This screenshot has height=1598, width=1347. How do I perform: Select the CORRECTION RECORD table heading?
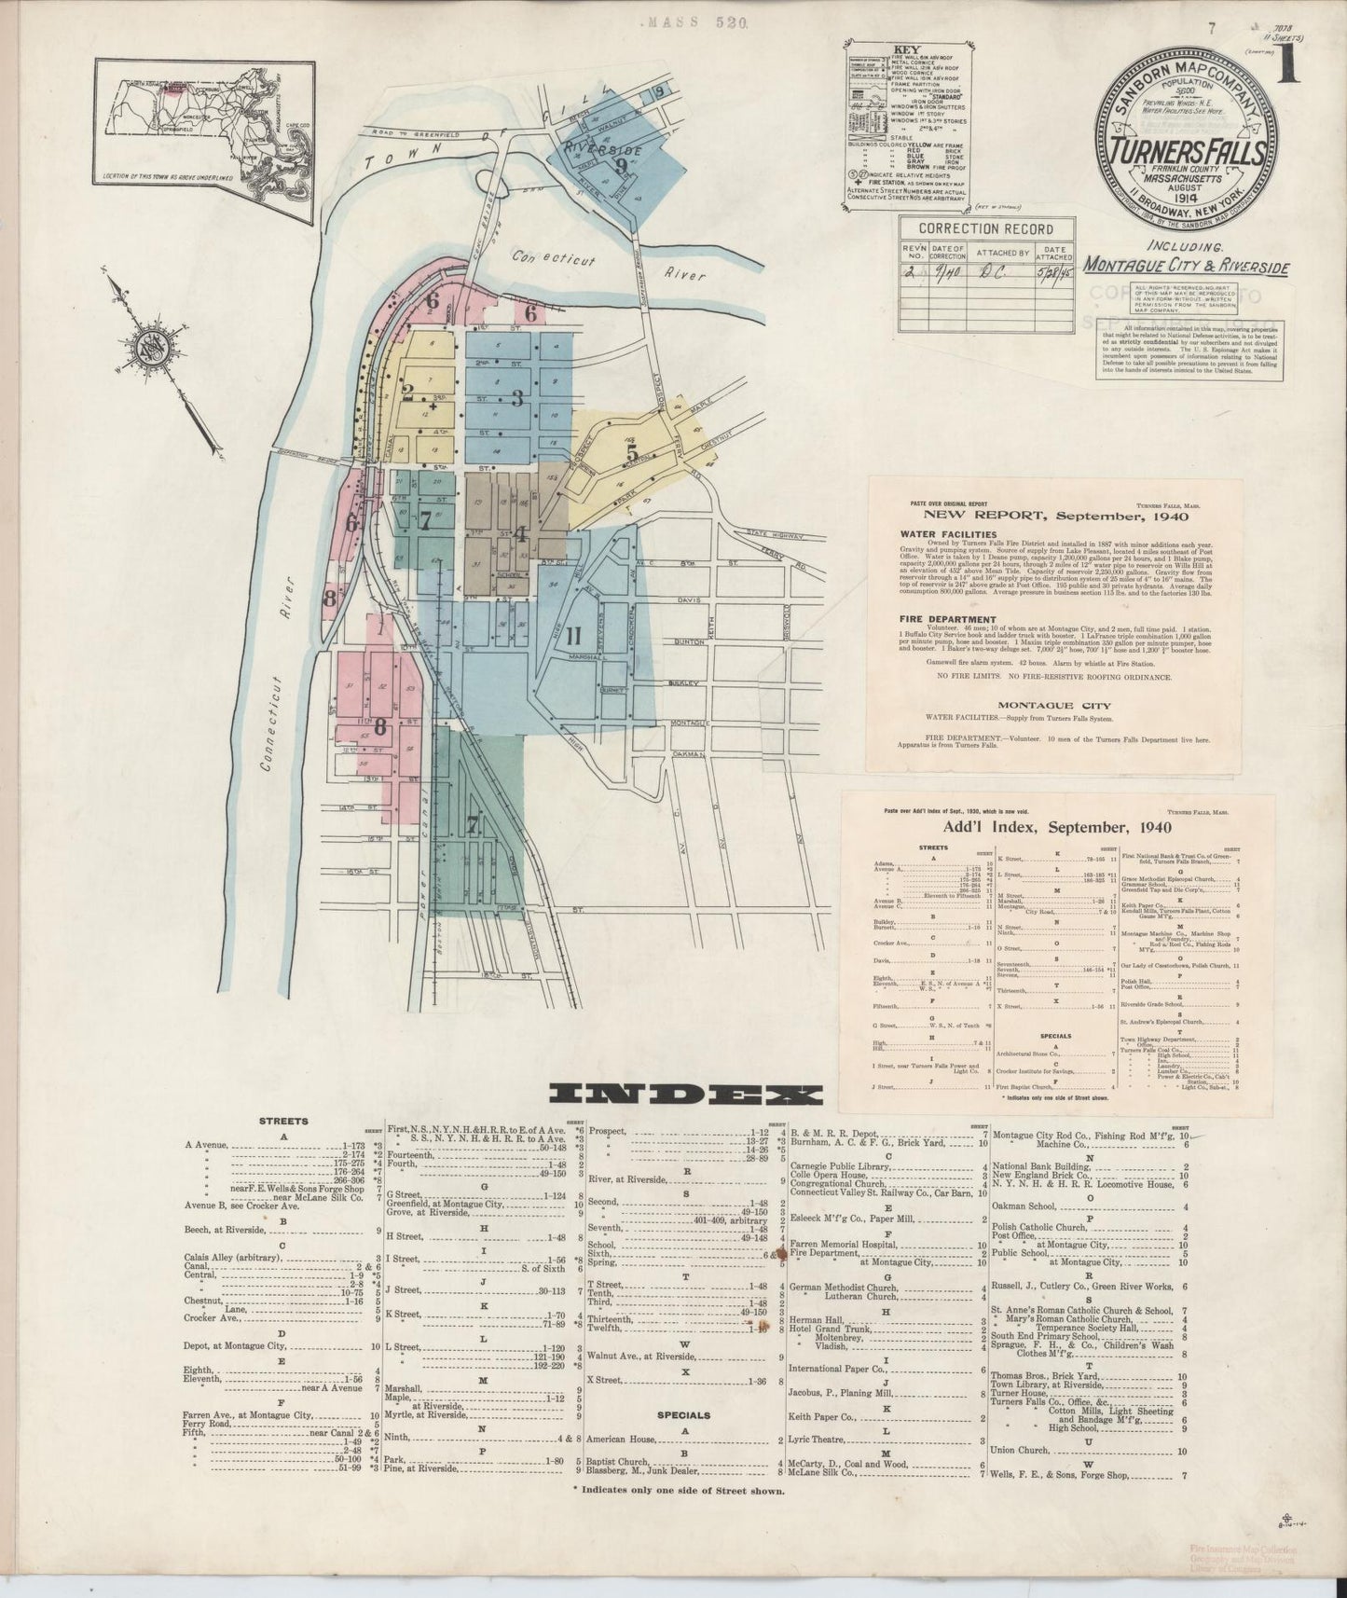985,229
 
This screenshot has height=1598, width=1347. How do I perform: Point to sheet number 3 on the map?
515,394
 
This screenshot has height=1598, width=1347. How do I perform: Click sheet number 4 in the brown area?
522,534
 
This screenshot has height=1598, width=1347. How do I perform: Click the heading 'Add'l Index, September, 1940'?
1045,827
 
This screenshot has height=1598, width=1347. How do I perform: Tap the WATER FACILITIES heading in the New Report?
936,534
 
